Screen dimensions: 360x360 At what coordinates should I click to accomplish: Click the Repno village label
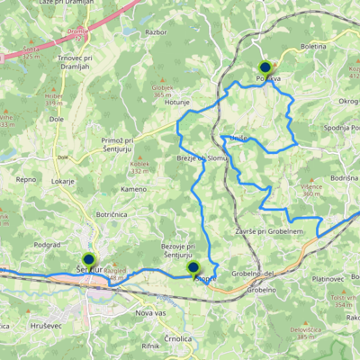click(x=25, y=179)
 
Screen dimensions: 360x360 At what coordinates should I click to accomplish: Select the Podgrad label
click(x=47, y=244)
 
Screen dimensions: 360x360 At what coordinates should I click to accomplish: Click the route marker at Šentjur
click(x=88, y=259)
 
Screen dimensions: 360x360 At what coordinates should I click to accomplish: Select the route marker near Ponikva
click(x=265, y=67)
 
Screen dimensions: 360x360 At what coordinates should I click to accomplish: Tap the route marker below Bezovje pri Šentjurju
click(x=193, y=267)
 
